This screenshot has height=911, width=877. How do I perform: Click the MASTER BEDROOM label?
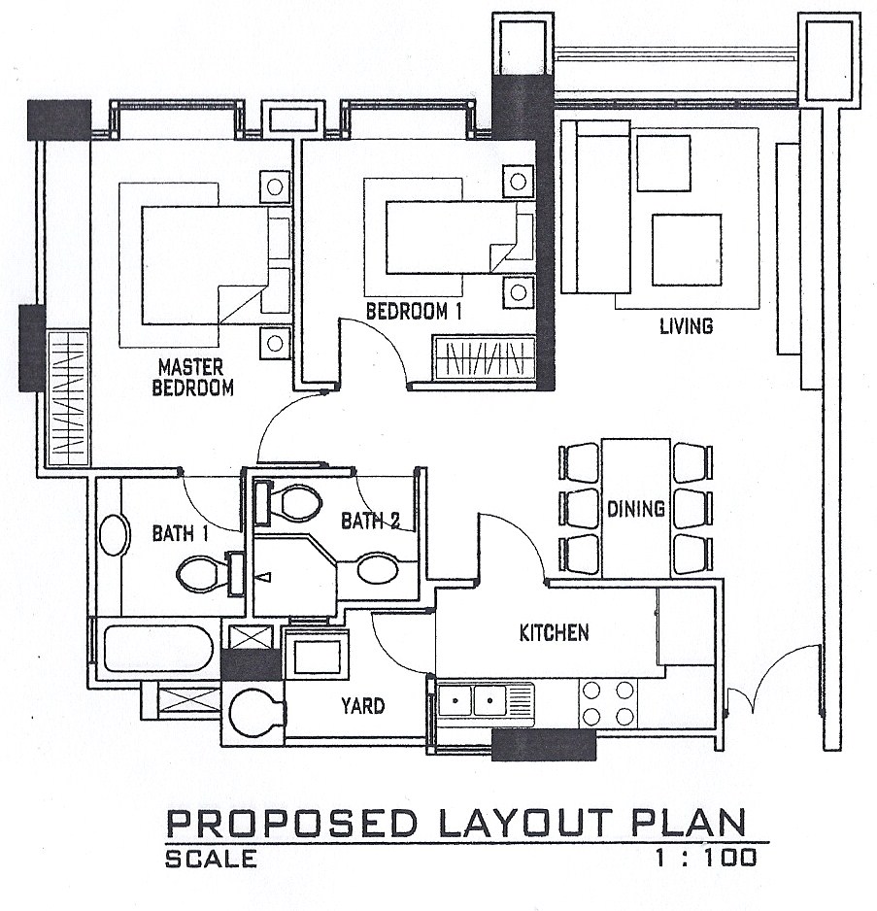[192, 378]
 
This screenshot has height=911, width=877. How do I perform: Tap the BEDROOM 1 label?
[414, 312]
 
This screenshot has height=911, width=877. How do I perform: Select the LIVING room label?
[686, 326]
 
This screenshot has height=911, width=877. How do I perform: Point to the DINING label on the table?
[636, 509]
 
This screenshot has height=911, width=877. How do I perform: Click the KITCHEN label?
[554, 632]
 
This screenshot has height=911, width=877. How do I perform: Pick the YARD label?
[362, 706]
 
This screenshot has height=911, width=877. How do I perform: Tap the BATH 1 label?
[181, 533]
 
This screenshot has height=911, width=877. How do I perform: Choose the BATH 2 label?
[370, 521]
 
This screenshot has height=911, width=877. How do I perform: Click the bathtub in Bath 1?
[157, 648]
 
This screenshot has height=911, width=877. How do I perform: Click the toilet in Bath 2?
[288, 502]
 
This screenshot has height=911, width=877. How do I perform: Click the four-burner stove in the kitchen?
[607, 703]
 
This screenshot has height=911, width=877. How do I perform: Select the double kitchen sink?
[486, 700]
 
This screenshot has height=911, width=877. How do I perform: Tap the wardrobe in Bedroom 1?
[485, 357]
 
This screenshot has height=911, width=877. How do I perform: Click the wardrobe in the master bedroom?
[68, 398]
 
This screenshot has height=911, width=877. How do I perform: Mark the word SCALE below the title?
[211, 859]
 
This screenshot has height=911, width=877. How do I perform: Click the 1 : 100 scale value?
[706, 858]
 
